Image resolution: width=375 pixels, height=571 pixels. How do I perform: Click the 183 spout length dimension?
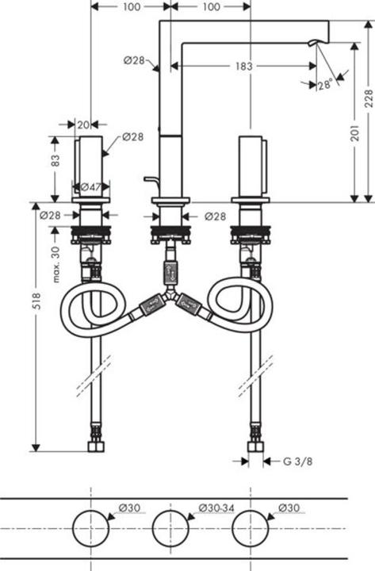[243, 67]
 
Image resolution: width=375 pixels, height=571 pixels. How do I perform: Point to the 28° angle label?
[323, 84]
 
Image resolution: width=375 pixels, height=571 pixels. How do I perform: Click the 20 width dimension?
[82, 124]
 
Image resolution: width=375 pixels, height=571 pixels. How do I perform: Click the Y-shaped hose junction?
[167, 300]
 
